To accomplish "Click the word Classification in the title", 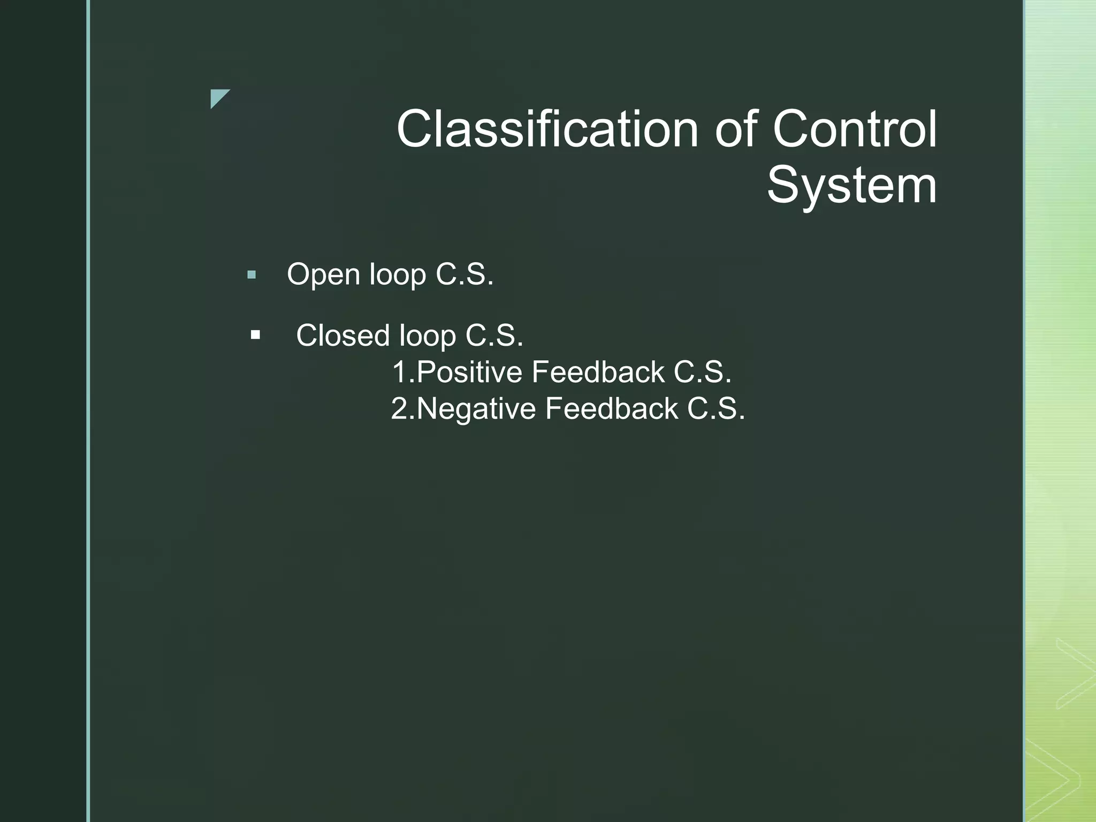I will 547,130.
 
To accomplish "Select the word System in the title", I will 851,185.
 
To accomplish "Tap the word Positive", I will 469,372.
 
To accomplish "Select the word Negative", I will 476,409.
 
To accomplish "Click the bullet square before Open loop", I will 252,276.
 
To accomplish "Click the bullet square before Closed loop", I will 255,336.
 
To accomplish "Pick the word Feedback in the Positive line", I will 598,372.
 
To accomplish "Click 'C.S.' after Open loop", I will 465,275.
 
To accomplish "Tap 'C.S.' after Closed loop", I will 494,336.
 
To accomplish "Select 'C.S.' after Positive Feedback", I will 702,372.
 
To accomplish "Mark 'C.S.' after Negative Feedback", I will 716,409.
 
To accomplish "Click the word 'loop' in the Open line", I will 398,275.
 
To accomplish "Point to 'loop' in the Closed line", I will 427,336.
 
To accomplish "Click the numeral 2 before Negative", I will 399,409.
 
